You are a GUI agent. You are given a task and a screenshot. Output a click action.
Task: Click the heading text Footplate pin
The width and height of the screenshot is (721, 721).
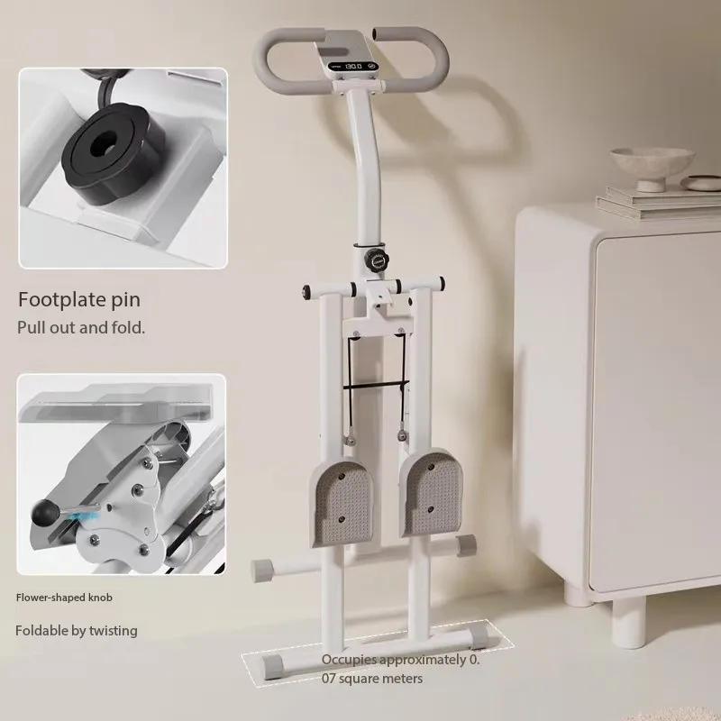(x=79, y=300)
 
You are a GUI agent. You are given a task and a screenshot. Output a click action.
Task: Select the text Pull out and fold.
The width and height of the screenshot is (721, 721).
(x=81, y=327)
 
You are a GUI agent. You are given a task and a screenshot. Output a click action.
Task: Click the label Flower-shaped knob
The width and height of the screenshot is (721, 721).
(x=64, y=597)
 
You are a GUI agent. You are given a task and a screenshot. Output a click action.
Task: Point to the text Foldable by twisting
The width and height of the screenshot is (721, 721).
(x=77, y=631)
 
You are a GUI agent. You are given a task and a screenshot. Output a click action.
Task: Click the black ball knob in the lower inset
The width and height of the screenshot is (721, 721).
(x=43, y=512)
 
